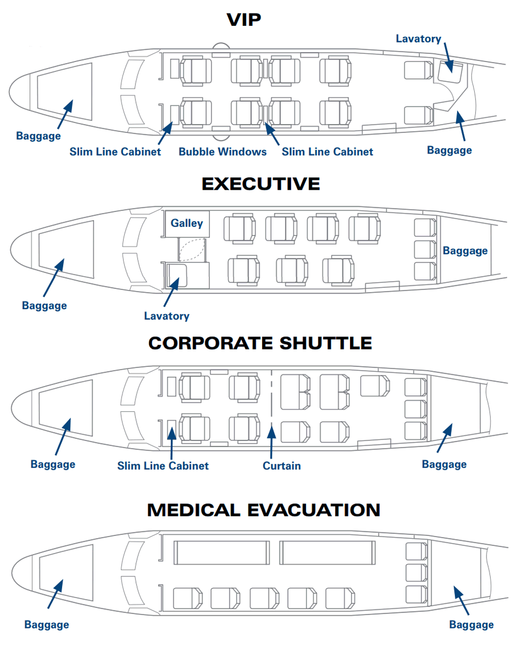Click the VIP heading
(x=244, y=20)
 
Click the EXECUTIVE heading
(x=261, y=184)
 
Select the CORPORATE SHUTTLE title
(x=260, y=343)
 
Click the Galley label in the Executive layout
(x=187, y=223)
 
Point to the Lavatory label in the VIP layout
(x=418, y=39)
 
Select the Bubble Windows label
(x=222, y=151)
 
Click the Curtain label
(x=282, y=466)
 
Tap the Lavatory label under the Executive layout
(x=167, y=316)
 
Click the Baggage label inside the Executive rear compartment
(x=465, y=251)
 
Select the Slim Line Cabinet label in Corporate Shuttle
(x=163, y=466)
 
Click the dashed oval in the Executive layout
(x=192, y=250)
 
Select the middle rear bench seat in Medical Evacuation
(x=417, y=573)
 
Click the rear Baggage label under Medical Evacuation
(x=471, y=625)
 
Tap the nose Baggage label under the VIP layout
(x=38, y=136)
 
